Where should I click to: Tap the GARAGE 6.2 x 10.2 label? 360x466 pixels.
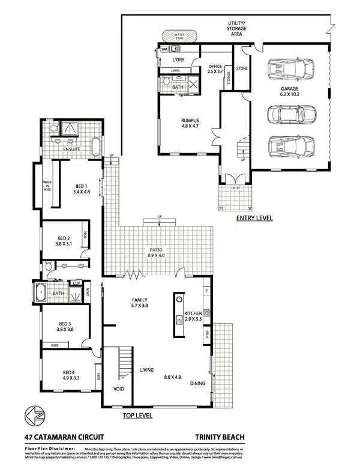(x=289, y=91)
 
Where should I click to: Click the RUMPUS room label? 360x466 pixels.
(x=190, y=123)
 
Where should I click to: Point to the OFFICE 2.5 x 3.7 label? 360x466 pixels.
(x=215, y=69)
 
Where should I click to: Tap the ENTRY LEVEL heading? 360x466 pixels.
(x=254, y=218)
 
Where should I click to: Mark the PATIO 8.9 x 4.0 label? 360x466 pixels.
(x=157, y=252)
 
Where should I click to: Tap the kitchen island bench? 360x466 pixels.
(x=178, y=308)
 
